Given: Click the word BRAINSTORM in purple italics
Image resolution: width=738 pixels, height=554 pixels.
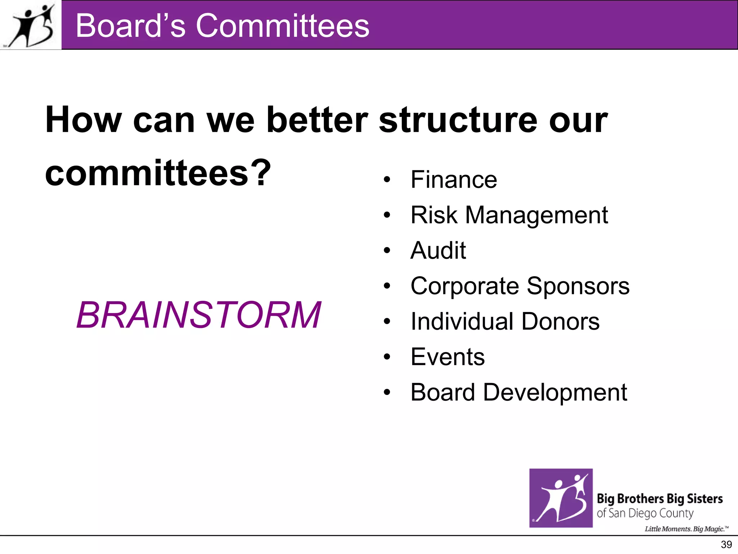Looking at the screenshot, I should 199,315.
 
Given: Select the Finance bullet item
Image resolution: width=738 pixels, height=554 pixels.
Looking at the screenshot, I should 453,180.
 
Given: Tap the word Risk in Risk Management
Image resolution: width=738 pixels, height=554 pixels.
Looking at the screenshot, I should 434,215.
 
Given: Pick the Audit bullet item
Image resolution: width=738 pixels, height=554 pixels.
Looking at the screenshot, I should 438,250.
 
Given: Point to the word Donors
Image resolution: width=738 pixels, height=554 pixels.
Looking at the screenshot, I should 560,321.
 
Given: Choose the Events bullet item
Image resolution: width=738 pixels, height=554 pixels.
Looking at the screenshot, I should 448,357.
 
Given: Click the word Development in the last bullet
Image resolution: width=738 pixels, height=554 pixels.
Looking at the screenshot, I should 555,392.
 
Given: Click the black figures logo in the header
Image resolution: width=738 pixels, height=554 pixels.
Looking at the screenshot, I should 32,25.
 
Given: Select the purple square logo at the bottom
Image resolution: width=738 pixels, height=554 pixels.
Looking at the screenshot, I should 561,498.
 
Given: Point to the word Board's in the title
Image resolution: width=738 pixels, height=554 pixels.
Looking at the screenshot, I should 130,26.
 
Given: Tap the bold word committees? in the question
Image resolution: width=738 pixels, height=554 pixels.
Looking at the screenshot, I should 157,173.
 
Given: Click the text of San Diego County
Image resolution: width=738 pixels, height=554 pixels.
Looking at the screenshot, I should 645,513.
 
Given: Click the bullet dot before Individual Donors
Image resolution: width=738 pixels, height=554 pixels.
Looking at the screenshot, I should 387,321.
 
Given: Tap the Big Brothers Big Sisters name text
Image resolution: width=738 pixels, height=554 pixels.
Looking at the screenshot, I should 659,499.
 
